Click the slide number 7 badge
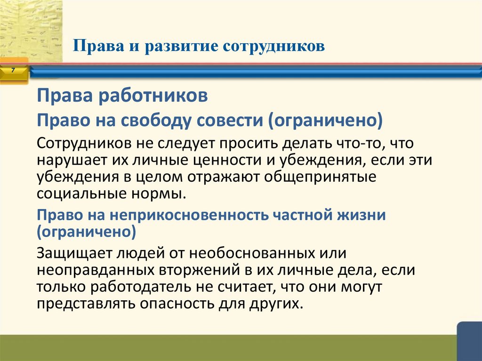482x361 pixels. (13, 70)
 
